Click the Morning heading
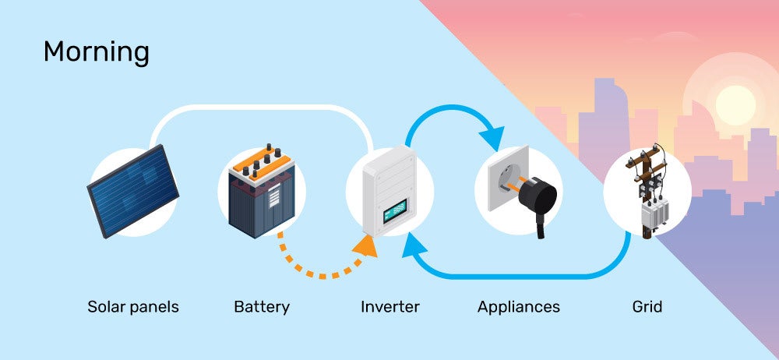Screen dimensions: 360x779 (x=96, y=53)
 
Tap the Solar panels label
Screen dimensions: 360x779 (x=133, y=307)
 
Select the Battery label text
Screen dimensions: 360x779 (x=262, y=307)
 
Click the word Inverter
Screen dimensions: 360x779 (x=389, y=307)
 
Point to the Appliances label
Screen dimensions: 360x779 (x=518, y=307)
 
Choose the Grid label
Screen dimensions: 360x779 (x=647, y=307)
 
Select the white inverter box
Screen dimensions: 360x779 (x=389, y=191)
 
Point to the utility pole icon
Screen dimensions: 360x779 (x=647, y=191)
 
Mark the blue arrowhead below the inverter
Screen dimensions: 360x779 (x=411, y=252)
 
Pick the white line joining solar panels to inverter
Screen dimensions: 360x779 (x=261, y=107)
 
